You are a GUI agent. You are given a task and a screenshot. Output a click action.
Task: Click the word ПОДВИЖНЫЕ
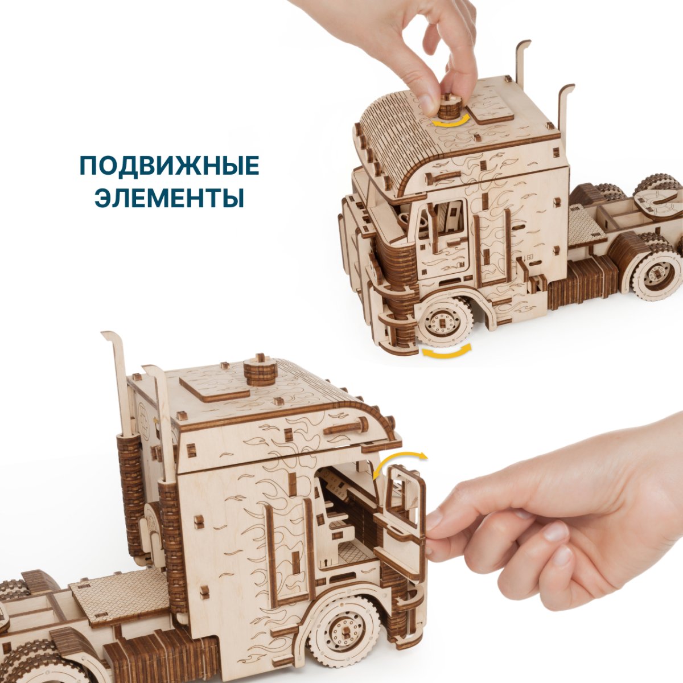[169, 166]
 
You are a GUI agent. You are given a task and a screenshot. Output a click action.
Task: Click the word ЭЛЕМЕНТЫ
[169, 198]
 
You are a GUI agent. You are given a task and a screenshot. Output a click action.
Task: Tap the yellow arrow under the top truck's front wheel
[446, 352]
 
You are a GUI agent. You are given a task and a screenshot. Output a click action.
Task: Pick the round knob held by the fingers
[450, 106]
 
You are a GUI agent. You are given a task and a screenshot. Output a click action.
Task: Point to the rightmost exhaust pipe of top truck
[567, 114]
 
